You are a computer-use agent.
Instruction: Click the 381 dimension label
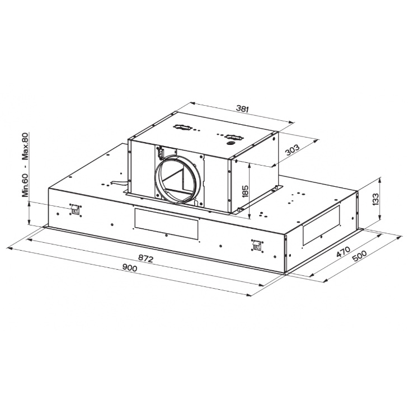click(242, 109)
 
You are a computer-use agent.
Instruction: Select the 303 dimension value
click(293, 150)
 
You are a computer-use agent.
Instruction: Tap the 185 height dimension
click(245, 191)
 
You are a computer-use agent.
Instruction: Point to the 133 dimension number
click(375, 199)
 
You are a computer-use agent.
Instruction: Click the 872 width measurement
click(145, 258)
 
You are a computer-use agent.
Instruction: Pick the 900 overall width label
click(130, 268)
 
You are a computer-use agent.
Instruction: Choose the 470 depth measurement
click(343, 252)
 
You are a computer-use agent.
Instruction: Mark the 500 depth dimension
click(360, 256)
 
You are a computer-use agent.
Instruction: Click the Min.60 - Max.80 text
click(25, 164)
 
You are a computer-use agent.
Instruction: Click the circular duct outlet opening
click(177, 179)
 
